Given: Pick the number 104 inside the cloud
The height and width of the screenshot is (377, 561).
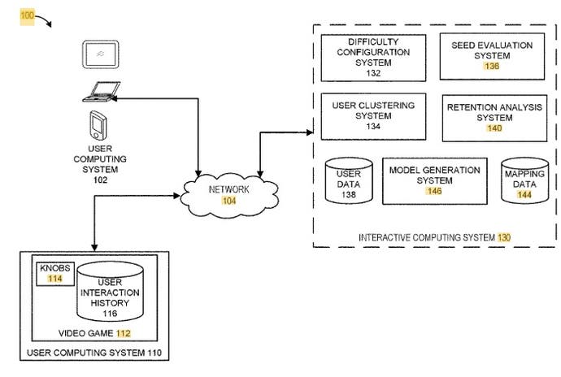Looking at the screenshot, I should [x=229, y=201].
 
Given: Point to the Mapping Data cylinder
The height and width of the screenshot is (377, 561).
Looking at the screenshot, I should [x=523, y=184].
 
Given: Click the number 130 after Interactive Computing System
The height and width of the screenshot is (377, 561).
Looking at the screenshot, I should [x=505, y=237].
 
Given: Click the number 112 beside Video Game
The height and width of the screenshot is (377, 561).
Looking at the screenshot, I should [x=123, y=333].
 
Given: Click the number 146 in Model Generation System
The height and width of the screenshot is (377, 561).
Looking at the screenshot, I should [x=434, y=191].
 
